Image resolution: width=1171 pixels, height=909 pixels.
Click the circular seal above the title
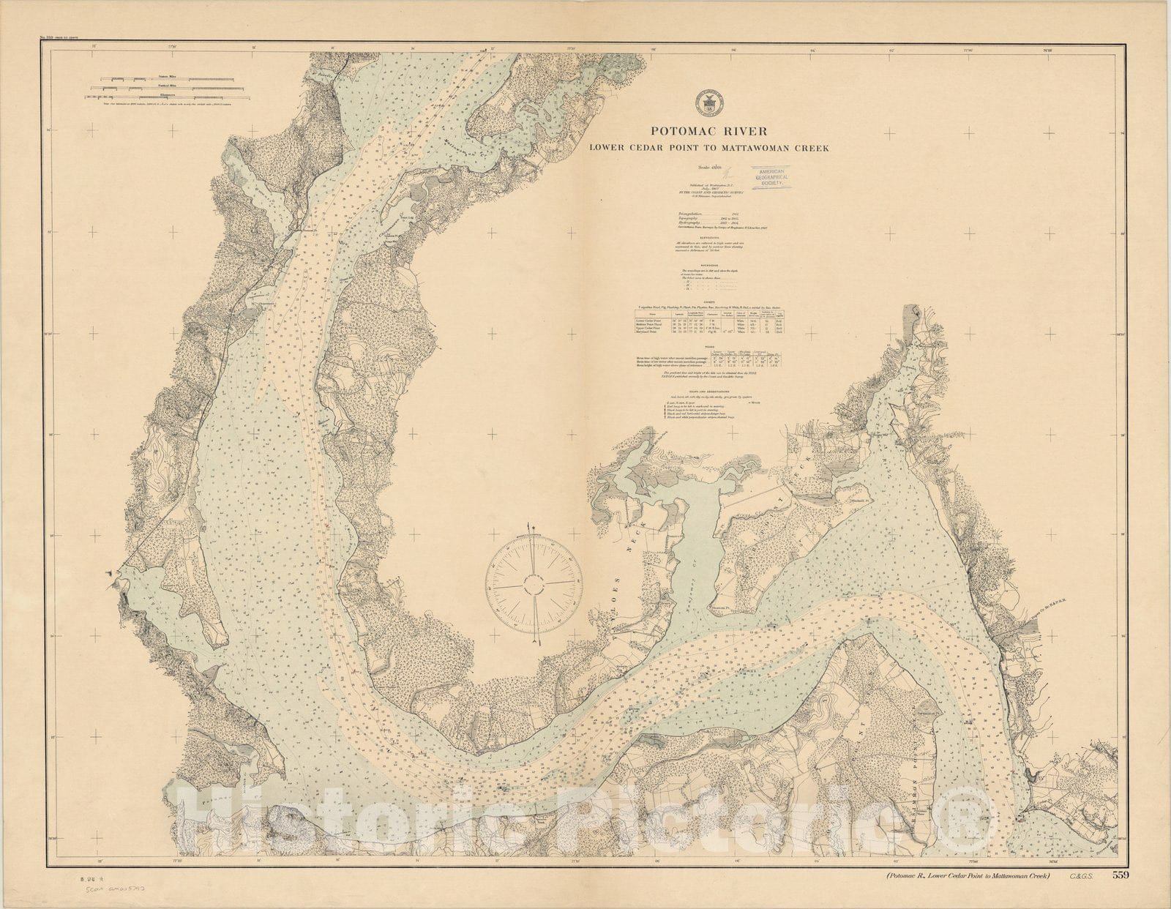[708, 103]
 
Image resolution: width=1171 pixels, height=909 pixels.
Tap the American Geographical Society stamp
[783, 178]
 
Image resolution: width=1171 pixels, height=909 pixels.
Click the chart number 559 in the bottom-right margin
[1119, 875]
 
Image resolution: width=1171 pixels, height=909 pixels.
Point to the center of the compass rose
[534, 583]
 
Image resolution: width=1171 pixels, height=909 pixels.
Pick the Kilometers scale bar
[169, 97]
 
